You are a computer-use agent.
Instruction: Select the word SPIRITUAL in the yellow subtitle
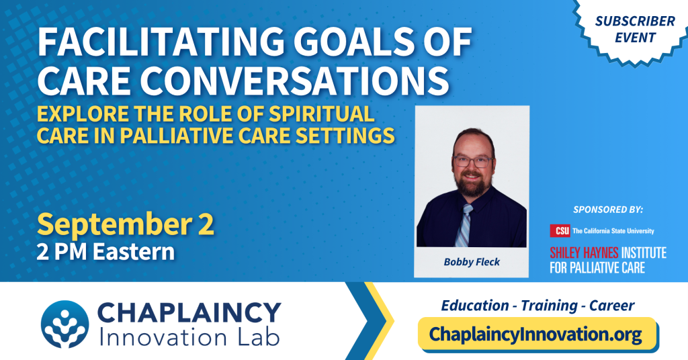(322, 114)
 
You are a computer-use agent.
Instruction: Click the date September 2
(126, 224)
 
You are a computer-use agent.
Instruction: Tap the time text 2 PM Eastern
(105, 252)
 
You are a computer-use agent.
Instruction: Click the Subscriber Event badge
(634, 30)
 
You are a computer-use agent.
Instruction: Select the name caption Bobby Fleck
(472, 262)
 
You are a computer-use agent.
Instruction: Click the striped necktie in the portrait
(464, 225)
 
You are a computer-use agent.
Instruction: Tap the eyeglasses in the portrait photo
(472, 162)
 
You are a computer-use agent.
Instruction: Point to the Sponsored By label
(607, 210)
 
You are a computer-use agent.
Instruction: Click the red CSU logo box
(560, 230)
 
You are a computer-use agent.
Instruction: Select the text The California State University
(613, 231)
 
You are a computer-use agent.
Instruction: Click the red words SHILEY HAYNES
(584, 253)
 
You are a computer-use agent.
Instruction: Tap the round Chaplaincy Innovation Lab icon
(65, 324)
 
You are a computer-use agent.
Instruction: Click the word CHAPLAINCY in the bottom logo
(189, 313)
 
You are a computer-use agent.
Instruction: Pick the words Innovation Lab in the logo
(189, 337)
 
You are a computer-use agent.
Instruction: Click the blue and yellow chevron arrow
(370, 321)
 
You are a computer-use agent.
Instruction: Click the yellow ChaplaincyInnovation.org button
(537, 334)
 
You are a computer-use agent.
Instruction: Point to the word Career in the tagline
(611, 306)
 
